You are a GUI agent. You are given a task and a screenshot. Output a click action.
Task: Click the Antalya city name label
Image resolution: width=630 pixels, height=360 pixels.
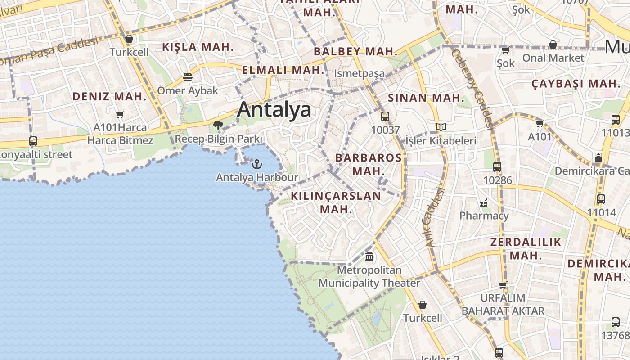point(274,109)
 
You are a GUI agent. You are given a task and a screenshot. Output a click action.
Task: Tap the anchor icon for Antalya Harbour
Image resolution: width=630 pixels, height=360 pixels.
point(257,164)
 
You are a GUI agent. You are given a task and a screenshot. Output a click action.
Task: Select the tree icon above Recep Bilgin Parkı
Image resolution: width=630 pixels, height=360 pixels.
point(219,125)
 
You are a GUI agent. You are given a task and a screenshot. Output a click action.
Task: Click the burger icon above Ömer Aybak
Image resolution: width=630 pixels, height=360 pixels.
point(188,77)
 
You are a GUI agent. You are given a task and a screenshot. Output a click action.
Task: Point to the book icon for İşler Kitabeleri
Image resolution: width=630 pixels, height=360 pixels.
point(441,127)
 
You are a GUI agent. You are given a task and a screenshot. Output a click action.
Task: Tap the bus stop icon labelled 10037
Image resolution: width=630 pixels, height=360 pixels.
point(385,117)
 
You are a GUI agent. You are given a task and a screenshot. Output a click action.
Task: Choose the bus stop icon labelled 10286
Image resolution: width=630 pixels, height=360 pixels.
point(497,167)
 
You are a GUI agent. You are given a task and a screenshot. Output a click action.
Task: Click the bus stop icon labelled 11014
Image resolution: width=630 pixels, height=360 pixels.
point(601,199)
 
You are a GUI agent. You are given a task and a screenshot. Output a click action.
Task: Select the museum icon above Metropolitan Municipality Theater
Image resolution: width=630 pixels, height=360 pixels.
point(369,256)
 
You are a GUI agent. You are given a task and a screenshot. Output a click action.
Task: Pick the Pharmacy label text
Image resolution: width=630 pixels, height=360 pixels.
point(484,216)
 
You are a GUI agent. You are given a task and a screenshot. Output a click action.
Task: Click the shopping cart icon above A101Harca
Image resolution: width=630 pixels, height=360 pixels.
point(120,115)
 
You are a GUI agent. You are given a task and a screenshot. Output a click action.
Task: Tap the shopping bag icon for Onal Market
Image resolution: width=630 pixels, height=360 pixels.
point(553,45)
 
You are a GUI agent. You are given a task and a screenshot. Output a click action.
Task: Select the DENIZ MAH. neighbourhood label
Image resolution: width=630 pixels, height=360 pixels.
point(110,96)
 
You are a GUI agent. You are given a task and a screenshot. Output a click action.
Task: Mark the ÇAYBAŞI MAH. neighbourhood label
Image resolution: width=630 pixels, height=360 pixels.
point(576,84)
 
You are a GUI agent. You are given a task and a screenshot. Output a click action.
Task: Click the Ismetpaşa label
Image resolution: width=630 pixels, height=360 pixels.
point(359,73)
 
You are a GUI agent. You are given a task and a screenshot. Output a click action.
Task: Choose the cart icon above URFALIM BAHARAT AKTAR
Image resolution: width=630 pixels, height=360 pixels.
point(503,284)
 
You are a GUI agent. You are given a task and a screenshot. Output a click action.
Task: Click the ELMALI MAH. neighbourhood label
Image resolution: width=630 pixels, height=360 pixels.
point(283,70)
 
